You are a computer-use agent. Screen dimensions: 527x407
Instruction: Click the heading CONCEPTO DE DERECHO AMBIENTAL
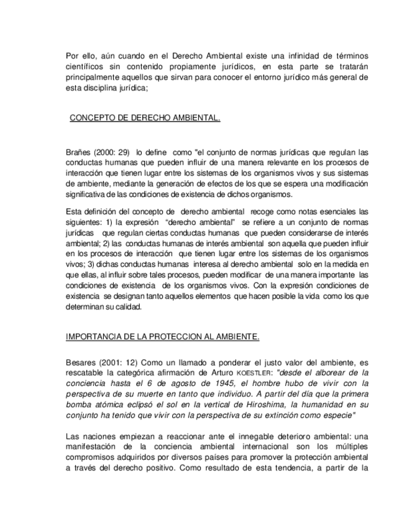coord(145,116)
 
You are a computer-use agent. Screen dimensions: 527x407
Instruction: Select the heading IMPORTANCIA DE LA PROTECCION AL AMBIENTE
coord(162,337)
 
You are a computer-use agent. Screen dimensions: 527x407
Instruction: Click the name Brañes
coord(78,152)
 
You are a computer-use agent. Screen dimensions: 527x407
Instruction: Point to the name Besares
coord(81,363)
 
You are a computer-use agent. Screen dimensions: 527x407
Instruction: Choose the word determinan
coord(87,306)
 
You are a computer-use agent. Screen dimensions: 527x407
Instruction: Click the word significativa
coord(92,194)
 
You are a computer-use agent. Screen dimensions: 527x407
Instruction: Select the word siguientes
coord(85,222)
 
